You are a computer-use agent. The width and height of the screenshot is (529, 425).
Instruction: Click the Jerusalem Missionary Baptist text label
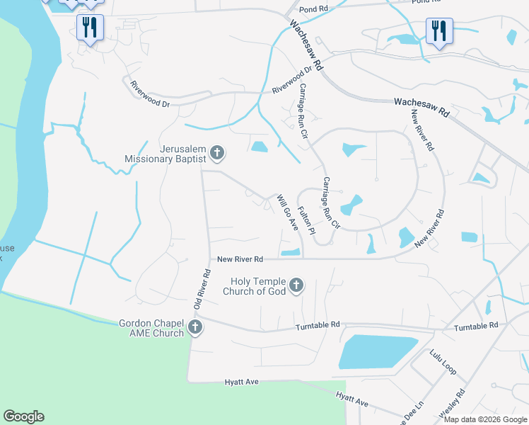pyautogui.click(x=165, y=154)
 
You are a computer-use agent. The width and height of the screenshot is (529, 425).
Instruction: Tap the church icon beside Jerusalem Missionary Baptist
pyautogui.click(x=217, y=152)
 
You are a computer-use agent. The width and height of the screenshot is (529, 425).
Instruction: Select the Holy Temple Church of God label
pyautogui.click(x=255, y=286)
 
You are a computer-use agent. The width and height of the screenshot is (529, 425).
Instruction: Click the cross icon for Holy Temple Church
pyautogui.click(x=296, y=285)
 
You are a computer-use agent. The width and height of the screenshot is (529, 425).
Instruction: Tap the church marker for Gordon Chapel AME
pyautogui.click(x=194, y=327)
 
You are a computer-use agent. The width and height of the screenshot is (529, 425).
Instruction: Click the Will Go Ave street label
pyautogui.click(x=287, y=212)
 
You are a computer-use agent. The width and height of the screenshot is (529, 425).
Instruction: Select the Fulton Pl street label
pyautogui.click(x=306, y=220)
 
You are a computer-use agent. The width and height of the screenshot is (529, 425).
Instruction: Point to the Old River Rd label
pyautogui.click(x=202, y=289)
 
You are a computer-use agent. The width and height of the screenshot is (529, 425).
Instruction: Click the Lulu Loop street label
pyautogui.click(x=443, y=361)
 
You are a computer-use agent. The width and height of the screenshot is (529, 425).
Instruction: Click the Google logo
pyautogui.click(x=23, y=416)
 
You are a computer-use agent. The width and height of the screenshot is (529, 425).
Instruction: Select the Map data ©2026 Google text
pyautogui.click(x=485, y=419)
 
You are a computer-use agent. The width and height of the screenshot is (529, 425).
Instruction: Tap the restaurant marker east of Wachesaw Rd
pyautogui.click(x=439, y=30)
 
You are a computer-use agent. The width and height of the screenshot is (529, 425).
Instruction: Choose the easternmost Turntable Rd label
pyautogui.click(x=476, y=325)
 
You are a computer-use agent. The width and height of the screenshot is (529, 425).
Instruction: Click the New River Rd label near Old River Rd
pyautogui.click(x=240, y=259)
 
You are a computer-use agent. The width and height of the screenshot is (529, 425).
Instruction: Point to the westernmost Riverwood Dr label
pyautogui.click(x=151, y=94)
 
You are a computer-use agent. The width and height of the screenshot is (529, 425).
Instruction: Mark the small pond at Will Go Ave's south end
pyautogui.click(x=291, y=252)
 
